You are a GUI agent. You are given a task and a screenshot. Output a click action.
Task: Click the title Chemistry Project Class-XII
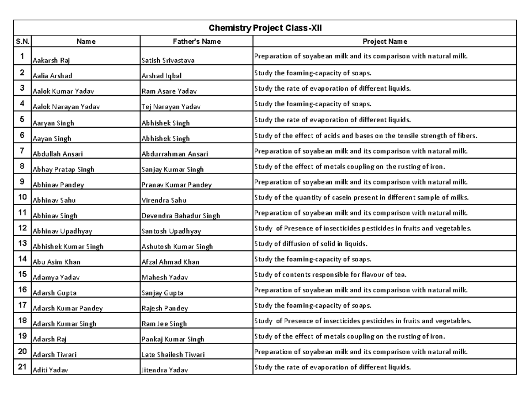[x=265, y=28]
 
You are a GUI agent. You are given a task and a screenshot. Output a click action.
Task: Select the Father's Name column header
[x=197, y=42]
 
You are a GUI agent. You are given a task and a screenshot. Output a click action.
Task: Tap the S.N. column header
[x=23, y=42]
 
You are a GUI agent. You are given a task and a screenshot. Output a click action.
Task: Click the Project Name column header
[x=385, y=42]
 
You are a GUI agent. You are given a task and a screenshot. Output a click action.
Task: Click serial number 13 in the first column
[x=23, y=243]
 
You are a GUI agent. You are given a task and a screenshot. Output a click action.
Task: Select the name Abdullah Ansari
[x=58, y=154]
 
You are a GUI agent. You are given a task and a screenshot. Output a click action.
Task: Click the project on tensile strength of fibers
[x=366, y=136]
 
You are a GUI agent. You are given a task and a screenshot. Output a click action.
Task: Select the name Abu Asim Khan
[x=57, y=262]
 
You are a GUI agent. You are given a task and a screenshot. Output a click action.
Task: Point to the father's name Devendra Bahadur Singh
[x=181, y=216]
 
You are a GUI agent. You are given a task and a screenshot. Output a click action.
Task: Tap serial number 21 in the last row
[x=23, y=367]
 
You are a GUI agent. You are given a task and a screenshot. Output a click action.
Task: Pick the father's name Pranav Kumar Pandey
[x=177, y=185]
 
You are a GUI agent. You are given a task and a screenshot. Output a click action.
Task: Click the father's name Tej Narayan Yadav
[x=171, y=107]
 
